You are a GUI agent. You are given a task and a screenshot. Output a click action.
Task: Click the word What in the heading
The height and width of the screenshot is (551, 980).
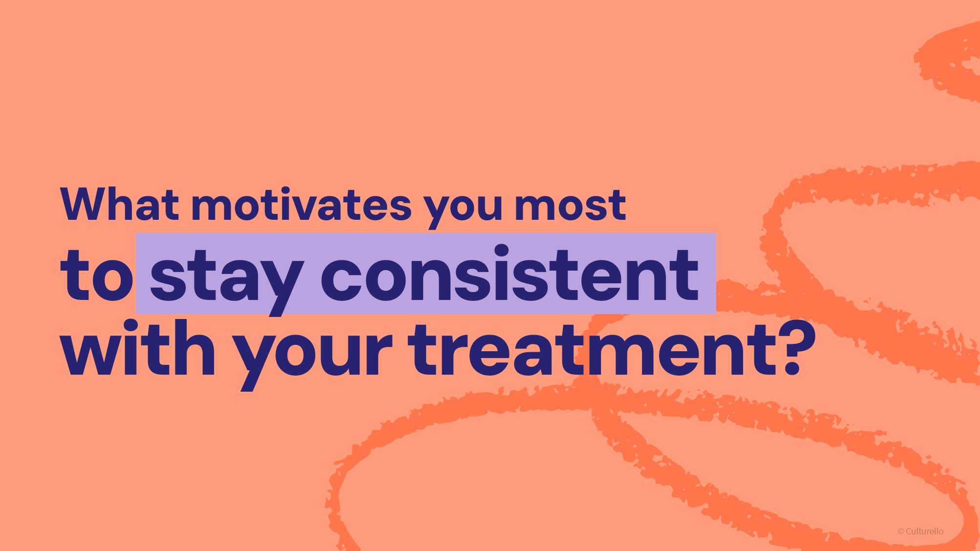pos(119,204)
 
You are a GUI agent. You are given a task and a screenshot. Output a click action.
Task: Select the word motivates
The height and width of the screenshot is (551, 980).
pos(301,204)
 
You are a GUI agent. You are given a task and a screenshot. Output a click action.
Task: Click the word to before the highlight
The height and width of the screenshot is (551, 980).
pos(96,275)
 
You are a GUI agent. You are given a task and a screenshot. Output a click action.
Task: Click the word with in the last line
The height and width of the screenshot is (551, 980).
pos(137,348)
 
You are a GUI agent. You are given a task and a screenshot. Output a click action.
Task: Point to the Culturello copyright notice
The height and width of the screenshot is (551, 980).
pos(920,531)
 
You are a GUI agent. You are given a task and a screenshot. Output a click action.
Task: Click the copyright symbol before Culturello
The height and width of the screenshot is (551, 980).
pos(901,532)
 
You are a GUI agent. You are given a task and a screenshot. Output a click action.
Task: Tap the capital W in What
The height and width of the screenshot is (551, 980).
pos(85,204)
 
